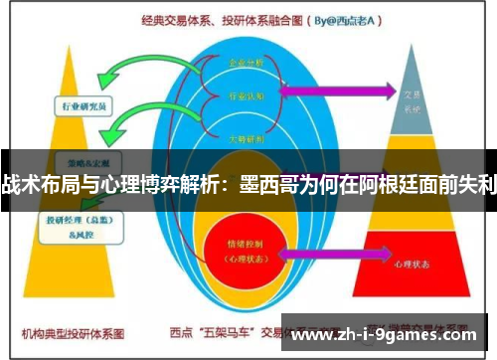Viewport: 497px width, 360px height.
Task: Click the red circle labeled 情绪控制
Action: tap(244, 246)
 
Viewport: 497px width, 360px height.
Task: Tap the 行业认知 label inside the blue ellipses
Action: tap(247, 96)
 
